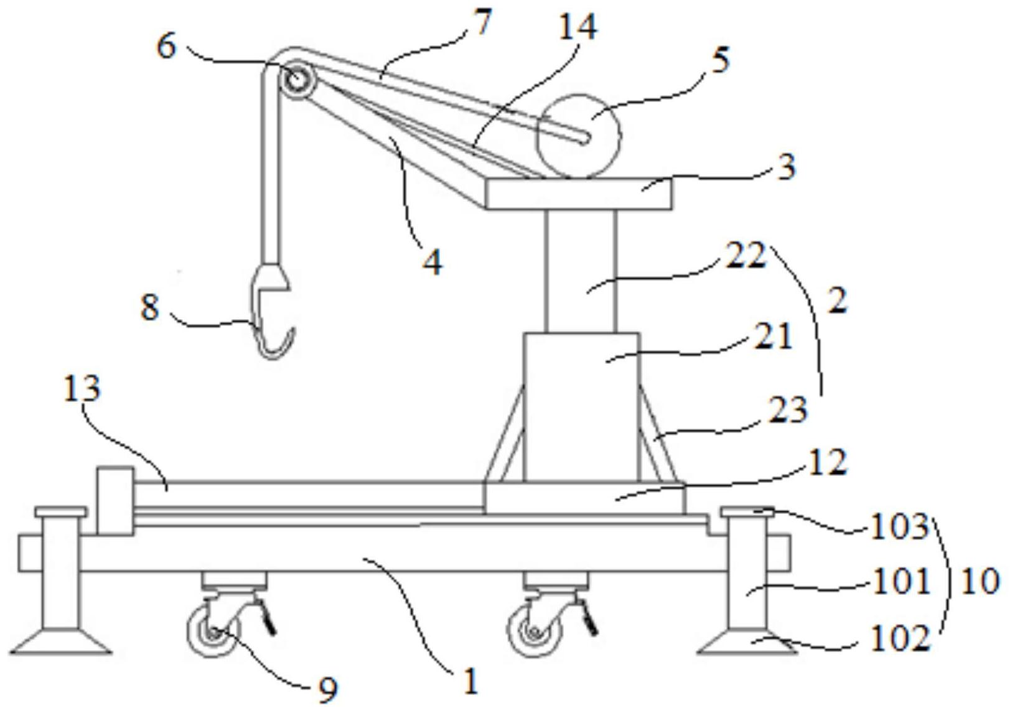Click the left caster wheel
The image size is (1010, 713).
[x=212, y=631]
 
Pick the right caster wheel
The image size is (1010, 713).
[x=535, y=631]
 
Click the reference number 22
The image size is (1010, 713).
[x=746, y=256]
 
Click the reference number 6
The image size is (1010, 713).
[x=166, y=47]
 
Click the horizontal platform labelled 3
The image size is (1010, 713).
[x=579, y=193]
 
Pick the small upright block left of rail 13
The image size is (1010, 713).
[x=115, y=501]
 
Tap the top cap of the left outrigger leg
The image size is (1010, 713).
[x=61, y=511]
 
